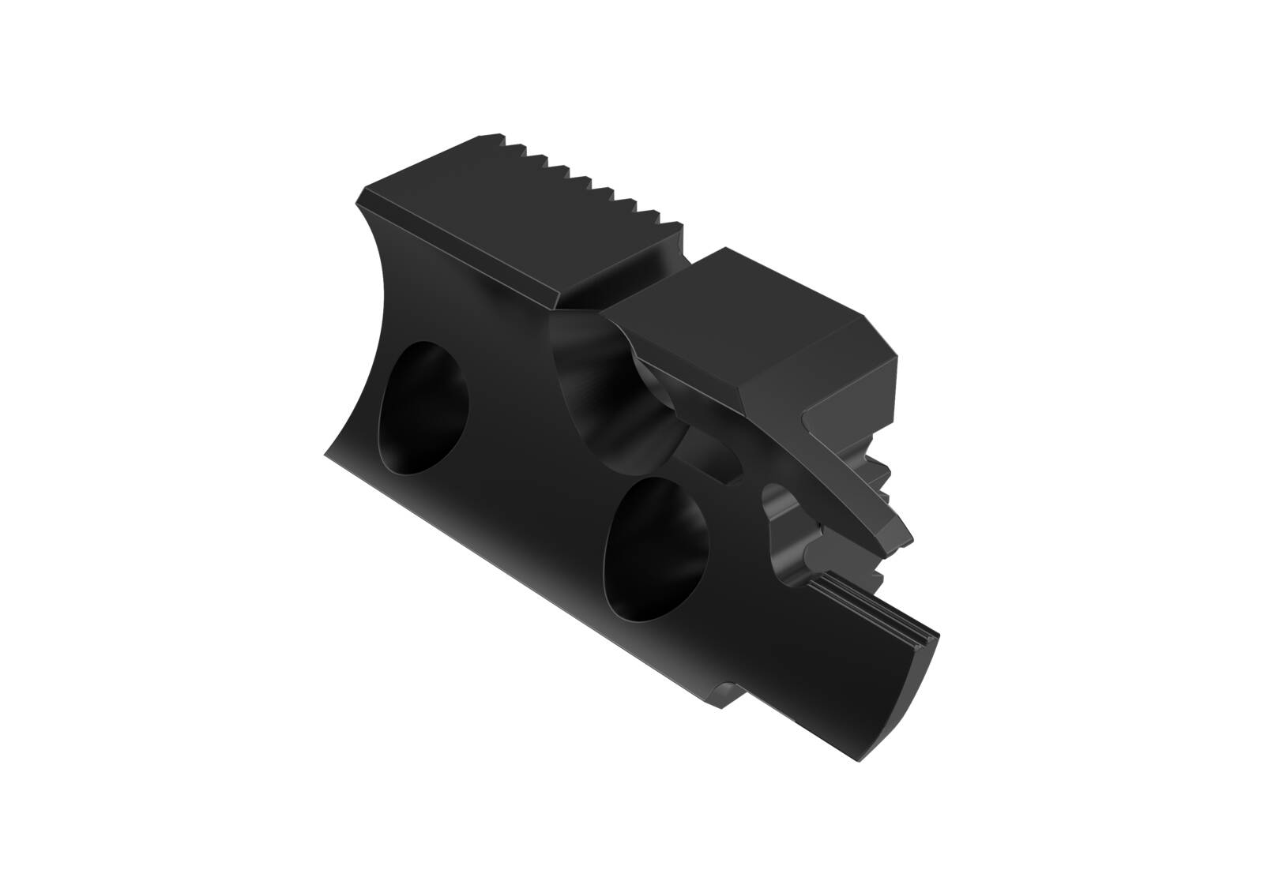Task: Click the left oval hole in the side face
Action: [423, 408]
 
